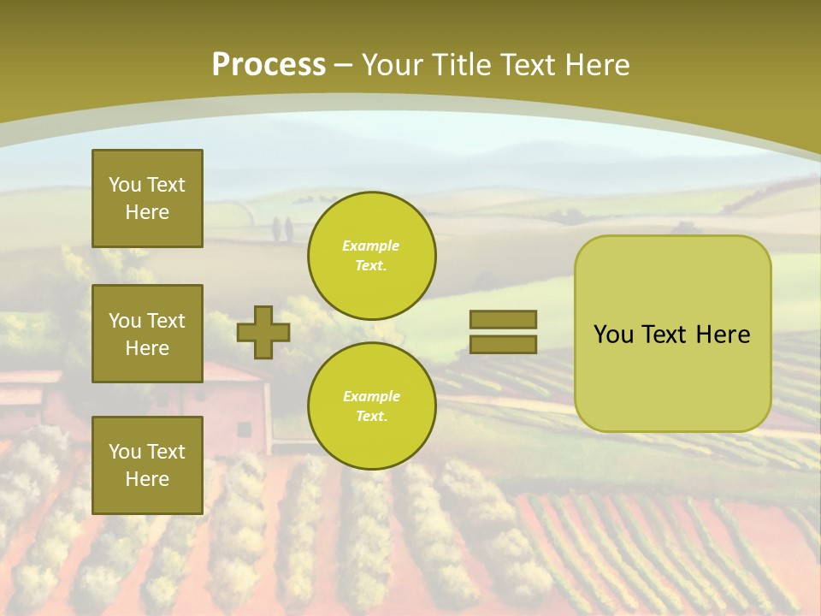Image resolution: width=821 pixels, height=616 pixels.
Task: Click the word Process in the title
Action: (x=269, y=66)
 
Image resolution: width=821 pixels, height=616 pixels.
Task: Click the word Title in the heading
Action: (x=462, y=65)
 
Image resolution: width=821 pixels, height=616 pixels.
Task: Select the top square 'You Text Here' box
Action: (x=147, y=198)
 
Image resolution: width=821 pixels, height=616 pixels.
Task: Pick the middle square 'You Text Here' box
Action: (x=147, y=334)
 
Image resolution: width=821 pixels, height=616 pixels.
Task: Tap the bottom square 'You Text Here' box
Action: (x=147, y=465)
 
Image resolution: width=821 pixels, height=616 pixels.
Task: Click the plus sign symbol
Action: (x=263, y=333)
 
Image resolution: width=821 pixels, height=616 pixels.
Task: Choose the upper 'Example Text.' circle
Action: (x=372, y=256)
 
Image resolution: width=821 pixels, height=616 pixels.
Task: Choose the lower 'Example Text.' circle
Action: (x=372, y=406)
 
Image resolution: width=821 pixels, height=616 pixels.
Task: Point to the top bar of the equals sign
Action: (x=503, y=319)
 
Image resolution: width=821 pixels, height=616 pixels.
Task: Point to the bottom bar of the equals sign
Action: (x=503, y=345)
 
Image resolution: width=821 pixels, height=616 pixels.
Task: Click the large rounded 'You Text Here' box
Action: (x=673, y=334)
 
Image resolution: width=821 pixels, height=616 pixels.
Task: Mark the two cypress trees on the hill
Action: (x=282, y=229)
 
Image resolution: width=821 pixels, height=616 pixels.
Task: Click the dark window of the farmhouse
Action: (x=244, y=430)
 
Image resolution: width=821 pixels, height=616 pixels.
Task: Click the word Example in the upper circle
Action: (x=370, y=246)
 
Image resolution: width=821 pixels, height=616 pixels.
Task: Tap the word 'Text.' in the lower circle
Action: (x=372, y=416)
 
